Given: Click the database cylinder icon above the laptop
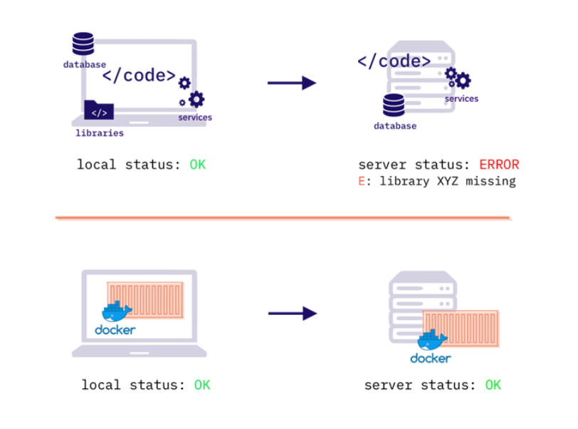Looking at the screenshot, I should (83, 43).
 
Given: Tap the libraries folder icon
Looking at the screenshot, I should (99, 111).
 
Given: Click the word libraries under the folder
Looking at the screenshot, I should (100, 133).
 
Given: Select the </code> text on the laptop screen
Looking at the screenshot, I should (139, 75).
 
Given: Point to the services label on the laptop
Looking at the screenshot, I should (194, 118).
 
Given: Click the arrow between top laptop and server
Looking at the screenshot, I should (292, 83).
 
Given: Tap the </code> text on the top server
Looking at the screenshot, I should (394, 61).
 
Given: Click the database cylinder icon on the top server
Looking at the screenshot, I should (393, 105).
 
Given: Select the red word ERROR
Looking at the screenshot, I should (499, 165).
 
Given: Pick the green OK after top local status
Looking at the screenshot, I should (197, 165).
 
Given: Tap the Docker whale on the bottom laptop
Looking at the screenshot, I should (116, 312).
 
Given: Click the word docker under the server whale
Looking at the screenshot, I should (430, 358).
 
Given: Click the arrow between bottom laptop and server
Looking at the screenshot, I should (292, 313).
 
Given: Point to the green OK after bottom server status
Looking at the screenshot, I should (493, 386).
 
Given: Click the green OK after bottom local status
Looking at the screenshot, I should (202, 386).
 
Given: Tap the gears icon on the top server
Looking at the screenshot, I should (458, 77).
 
